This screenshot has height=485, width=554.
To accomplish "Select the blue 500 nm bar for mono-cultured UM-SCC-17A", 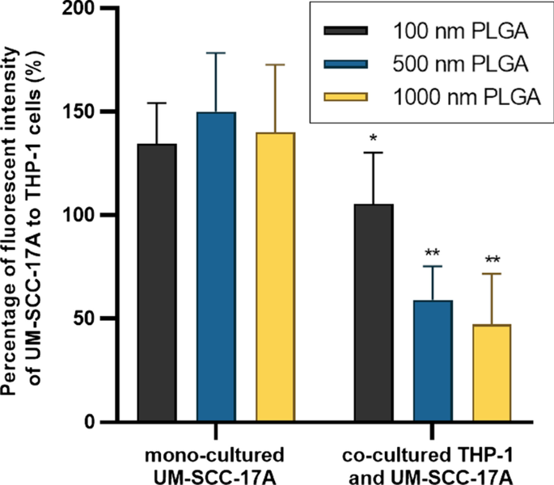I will point(216,267).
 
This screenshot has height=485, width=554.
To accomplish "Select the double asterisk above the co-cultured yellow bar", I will point(492,261).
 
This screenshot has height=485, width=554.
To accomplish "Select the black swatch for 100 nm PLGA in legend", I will point(345,32).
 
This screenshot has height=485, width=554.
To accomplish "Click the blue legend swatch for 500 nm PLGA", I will point(345,64).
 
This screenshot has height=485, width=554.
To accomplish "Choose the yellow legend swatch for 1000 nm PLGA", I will point(345,97).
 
